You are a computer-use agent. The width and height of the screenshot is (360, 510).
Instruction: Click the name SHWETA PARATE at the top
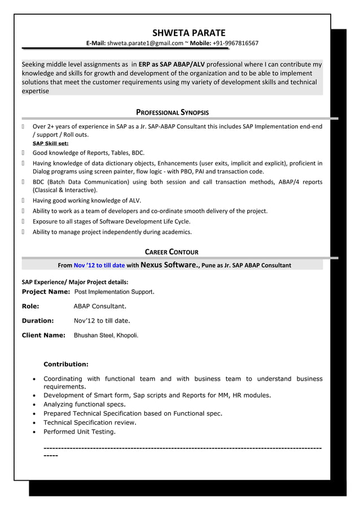point(188,33)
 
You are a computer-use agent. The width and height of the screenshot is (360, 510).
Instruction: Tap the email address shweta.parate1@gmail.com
point(145,43)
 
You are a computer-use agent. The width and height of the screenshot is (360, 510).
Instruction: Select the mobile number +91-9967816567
point(235,43)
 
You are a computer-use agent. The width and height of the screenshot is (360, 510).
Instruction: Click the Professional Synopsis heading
point(172,112)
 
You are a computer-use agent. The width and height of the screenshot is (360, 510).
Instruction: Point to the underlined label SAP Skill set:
point(50,144)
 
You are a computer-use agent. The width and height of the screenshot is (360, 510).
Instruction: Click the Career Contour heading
point(172,252)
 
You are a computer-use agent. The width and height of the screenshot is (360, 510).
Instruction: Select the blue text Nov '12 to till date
point(99,264)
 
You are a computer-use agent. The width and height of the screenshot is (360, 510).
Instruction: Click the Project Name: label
point(46,292)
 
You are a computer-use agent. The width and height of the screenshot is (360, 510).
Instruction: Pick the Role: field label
point(30,306)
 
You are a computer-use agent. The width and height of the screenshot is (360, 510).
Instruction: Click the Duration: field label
point(37,321)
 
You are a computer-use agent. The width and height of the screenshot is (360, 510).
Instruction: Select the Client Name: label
point(43,335)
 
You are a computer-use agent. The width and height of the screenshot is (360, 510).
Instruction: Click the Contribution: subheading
point(65,364)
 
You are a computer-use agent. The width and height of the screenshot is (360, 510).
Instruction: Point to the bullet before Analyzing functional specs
point(36,404)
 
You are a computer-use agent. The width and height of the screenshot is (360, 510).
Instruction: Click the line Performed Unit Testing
point(80,431)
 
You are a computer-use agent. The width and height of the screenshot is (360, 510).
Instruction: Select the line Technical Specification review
point(90,422)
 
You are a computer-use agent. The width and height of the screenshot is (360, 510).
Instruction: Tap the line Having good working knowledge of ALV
point(87,200)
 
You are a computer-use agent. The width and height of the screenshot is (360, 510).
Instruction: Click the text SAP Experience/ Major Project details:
point(74,281)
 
